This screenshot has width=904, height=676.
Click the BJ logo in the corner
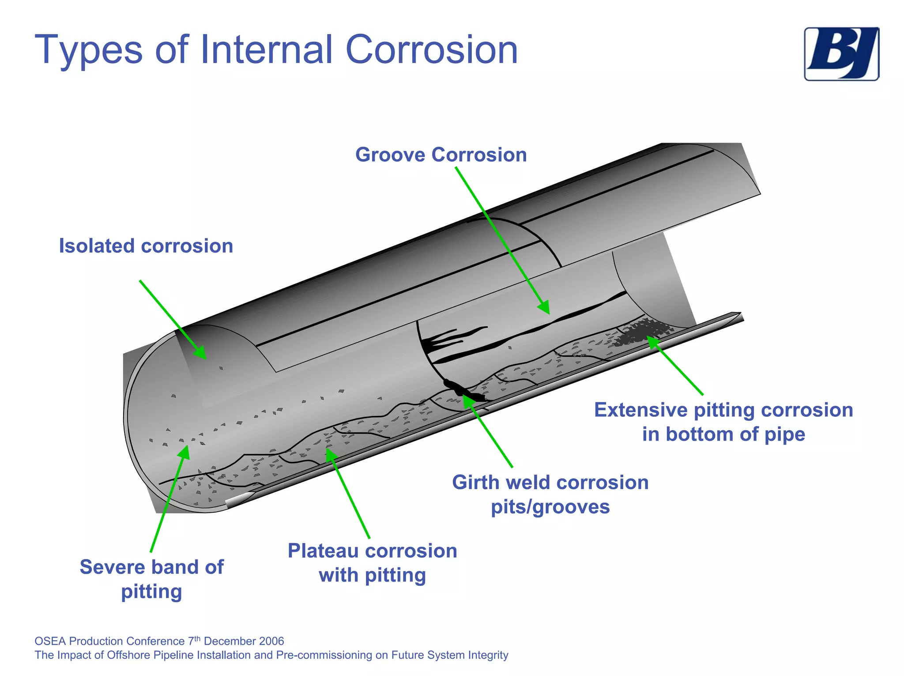841,54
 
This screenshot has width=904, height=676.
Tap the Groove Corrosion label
441,155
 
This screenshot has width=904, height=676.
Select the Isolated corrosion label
146,246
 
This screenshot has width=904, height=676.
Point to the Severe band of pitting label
151,579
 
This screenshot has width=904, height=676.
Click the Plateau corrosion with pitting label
372,563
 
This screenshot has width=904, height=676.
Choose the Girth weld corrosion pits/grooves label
550,495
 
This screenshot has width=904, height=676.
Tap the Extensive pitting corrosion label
723,422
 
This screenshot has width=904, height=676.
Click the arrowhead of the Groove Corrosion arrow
545,308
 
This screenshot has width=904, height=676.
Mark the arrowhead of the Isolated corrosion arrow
201,353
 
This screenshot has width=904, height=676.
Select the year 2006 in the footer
271,641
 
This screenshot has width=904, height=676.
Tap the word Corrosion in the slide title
431,49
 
